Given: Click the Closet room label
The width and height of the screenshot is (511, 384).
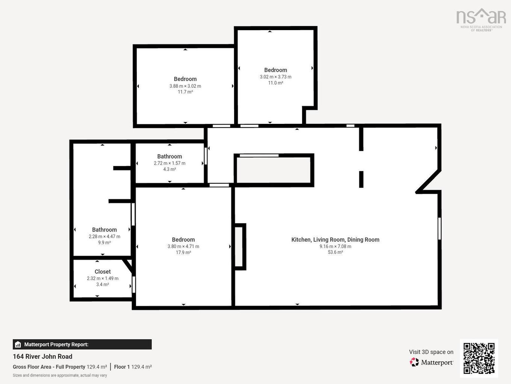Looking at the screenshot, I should [x=103, y=271].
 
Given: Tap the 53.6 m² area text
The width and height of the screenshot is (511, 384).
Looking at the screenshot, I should [x=335, y=252].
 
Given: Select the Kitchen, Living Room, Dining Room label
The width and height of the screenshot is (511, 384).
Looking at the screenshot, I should [x=335, y=239].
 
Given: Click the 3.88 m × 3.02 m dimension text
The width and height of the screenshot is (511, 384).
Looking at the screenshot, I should [x=185, y=86].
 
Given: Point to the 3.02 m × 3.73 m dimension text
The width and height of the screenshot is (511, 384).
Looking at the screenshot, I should [x=275, y=77].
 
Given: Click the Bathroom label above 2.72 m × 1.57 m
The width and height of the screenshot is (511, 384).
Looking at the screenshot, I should [x=169, y=156].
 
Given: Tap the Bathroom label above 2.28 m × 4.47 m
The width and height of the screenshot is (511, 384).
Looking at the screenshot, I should [x=104, y=230].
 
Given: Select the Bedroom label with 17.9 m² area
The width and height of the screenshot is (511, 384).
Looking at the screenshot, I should [x=183, y=239].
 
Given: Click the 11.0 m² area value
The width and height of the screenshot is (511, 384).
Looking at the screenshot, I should [x=275, y=83].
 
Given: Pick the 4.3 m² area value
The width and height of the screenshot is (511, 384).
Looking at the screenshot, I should [x=169, y=169].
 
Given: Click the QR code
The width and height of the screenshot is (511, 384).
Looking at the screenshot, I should [x=479, y=358].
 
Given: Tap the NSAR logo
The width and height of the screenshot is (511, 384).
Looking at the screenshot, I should [x=481, y=20].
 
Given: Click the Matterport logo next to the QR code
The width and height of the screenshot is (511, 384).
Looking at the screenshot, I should [x=431, y=362].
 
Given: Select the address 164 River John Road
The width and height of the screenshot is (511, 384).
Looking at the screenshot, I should [x=42, y=357].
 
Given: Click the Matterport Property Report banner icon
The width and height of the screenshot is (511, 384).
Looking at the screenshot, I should [x=18, y=344].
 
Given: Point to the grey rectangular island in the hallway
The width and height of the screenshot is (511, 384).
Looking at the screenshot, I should [x=274, y=170].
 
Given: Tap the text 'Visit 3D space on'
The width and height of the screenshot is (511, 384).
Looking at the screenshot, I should [x=431, y=352].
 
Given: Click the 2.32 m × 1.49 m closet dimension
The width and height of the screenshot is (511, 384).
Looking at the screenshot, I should [x=103, y=279].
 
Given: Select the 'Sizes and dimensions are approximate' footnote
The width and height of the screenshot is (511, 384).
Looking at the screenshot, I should [x=60, y=375].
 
